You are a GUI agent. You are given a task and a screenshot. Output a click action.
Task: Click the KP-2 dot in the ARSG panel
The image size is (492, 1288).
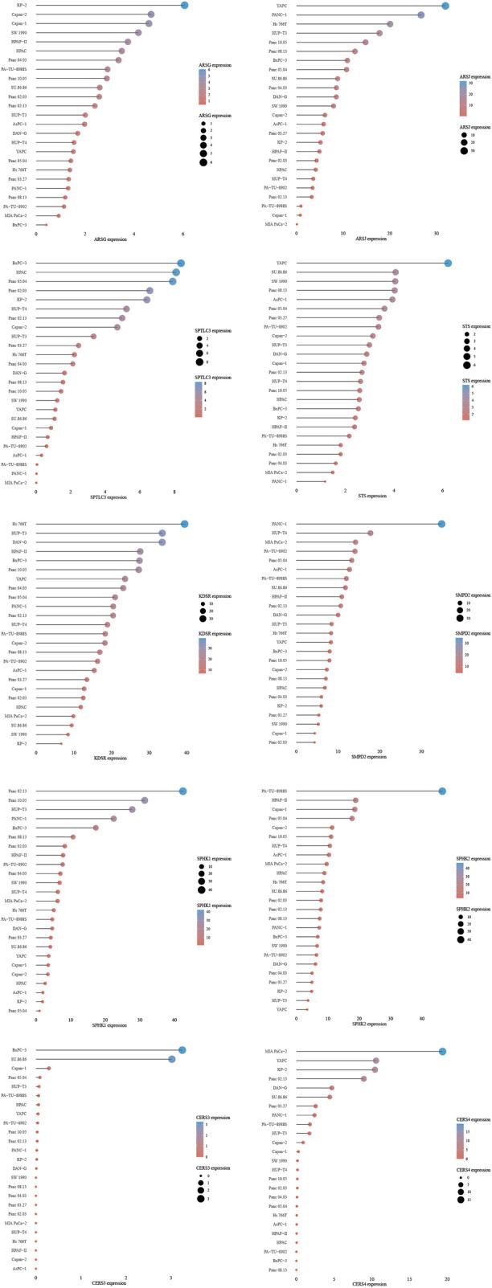(x=184, y=6)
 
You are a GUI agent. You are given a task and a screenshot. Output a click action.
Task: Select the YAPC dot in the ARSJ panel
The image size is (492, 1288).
(x=445, y=6)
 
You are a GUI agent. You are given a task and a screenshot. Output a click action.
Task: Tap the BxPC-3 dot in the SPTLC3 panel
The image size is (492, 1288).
(x=181, y=264)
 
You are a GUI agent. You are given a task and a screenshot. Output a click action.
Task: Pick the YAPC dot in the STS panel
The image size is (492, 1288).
(x=448, y=264)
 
